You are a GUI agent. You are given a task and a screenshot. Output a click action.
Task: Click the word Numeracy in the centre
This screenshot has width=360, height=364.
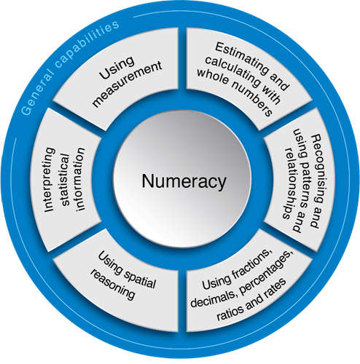click(x=184, y=181)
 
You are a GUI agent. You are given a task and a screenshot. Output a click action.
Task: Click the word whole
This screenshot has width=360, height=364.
click(x=213, y=76)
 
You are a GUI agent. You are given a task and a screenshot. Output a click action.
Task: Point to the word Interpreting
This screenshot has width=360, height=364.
click(x=50, y=180)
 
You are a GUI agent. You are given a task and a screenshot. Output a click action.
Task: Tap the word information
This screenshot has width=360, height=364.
click(x=80, y=179)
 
